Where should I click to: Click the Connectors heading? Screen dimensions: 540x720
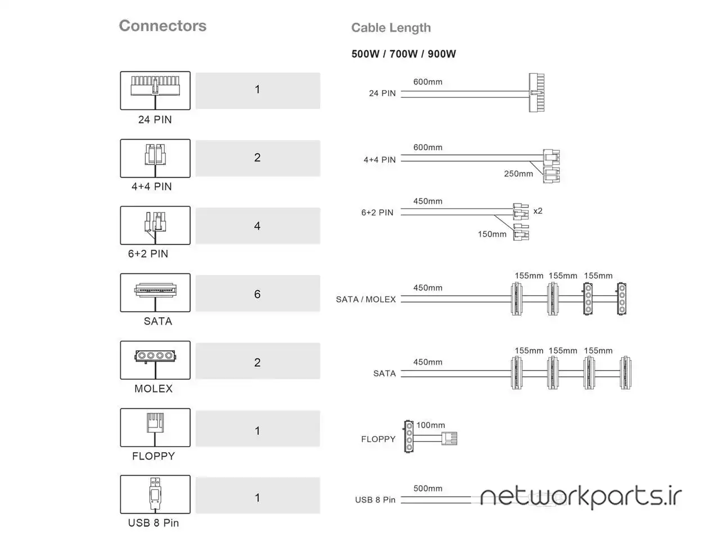pos(163,26)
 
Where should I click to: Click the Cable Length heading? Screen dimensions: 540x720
pos(391,28)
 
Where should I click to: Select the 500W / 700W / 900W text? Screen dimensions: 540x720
pos(403,54)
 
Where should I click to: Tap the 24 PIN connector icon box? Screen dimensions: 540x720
pos(155,91)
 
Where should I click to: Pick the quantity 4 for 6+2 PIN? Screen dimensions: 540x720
pos(258,226)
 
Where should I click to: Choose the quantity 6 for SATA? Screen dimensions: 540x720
pos(258,294)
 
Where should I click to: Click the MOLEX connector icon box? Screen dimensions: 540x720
pos(155,360)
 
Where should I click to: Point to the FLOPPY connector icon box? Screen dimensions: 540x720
pos(155,427)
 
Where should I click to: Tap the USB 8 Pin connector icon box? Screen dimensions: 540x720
pos(155,494)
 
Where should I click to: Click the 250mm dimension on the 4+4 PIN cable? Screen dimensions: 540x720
pos(518,174)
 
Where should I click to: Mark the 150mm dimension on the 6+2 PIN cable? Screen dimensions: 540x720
pos(492,234)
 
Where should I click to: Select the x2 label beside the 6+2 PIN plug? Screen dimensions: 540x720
pos(538,211)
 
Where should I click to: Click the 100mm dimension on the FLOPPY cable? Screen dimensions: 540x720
pos(430,425)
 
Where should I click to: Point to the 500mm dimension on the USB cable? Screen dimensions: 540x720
pos(427,488)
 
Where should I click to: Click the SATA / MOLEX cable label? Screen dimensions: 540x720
pos(366,299)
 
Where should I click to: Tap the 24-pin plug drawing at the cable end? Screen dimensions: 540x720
pos(537,92)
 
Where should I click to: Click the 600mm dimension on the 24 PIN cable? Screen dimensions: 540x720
pos(427,82)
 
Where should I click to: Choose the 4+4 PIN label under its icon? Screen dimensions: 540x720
pos(151,187)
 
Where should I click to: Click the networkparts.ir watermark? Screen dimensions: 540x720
pos(580,497)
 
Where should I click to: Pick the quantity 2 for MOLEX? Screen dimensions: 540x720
pos(258,363)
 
